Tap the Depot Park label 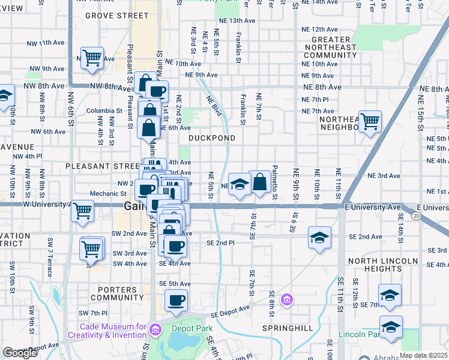184,328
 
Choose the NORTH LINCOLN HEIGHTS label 382,265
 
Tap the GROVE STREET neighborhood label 116,15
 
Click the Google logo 20,353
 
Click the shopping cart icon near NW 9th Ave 92,58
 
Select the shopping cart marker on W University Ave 82,211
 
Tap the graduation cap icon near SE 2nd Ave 319,237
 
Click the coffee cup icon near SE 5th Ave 175,301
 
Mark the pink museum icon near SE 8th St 287,299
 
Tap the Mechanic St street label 108,194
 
